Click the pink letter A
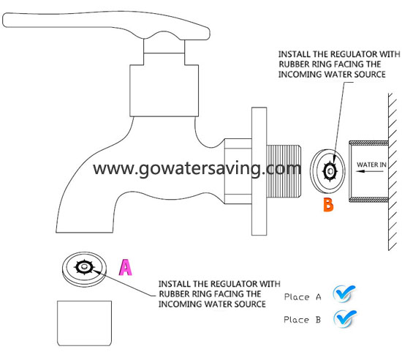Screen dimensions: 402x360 click(126, 267)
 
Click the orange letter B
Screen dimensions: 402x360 click(328, 205)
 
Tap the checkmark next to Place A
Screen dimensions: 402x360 click(344, 293)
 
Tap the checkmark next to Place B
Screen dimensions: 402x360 click(344, 318)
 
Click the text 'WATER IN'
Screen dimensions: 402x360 click(371, 165)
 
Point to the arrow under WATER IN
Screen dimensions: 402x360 click(370, 171)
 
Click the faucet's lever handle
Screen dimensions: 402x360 click(106, 25)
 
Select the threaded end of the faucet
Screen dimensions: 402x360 click(284, 171)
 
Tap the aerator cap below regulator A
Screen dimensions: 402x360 click(84, 323)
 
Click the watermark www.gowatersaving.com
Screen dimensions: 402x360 click(197, 169)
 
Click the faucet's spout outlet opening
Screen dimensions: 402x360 click(84, 233)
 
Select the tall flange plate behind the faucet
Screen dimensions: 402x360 click(259, 171)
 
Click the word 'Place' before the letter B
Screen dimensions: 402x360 click(296, 320)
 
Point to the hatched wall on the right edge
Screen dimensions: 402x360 click(392, 171)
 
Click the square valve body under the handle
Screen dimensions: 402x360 click(164, 91)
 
